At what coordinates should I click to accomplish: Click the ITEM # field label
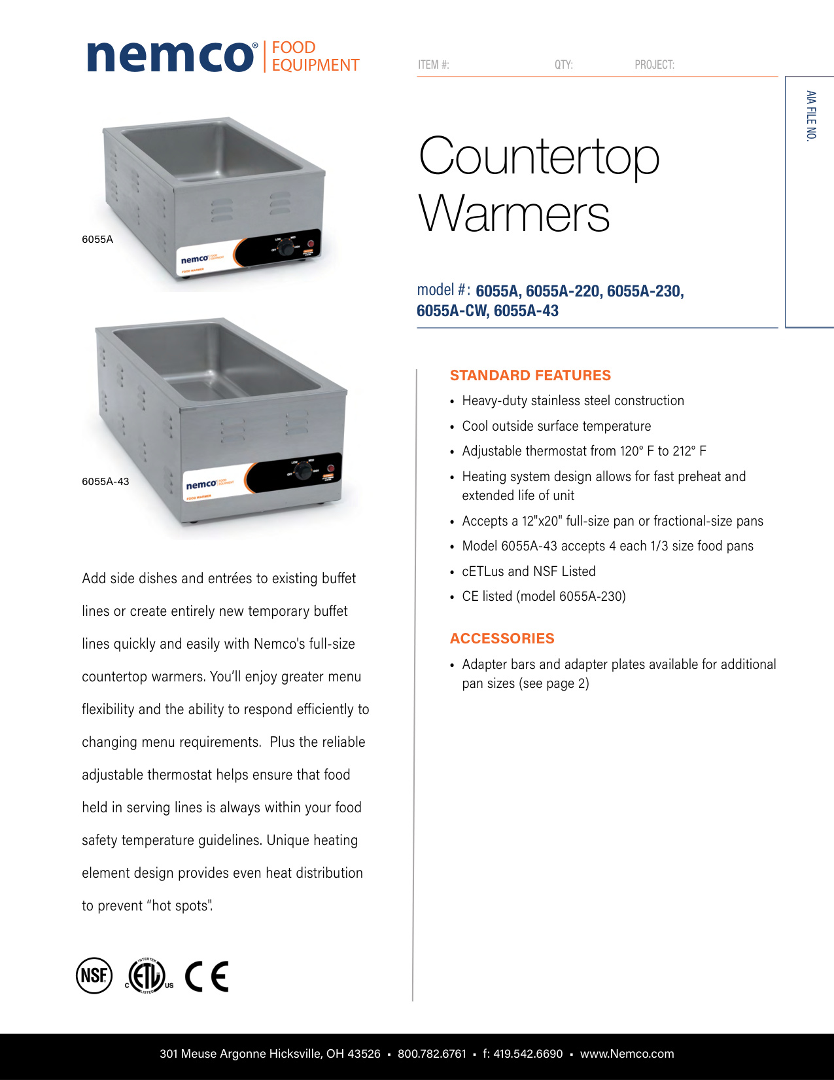433,65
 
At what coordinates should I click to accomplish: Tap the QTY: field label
563,65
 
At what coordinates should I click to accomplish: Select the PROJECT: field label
654,65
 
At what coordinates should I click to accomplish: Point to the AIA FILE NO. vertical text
811,116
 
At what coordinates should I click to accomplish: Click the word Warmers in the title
514,214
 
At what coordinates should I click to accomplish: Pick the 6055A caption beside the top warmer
97,240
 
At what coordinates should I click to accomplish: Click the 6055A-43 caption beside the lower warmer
105,482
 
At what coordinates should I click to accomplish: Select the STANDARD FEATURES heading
530,376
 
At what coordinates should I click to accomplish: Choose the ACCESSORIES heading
502,639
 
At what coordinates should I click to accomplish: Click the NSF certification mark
94,976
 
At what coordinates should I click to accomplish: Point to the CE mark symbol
207,977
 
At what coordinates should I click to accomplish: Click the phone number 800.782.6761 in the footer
432,1054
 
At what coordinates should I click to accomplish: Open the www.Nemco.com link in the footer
627,1054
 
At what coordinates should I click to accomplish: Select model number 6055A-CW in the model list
452,311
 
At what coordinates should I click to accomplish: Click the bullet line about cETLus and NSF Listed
529,571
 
